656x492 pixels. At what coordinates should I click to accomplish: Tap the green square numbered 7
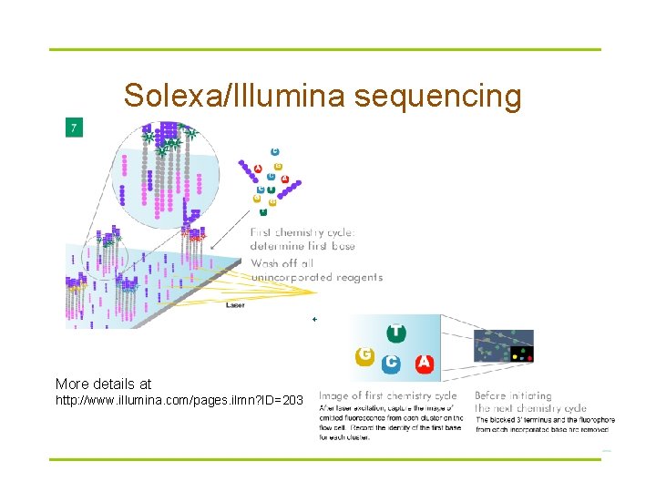[73, 128]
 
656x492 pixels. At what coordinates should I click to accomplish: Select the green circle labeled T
[396, 333]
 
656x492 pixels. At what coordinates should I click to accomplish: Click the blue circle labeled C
[392, 363]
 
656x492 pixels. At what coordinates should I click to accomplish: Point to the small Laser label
[235, 305]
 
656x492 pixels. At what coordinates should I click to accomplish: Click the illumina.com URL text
[179, 401]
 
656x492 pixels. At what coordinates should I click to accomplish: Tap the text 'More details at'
[103, 384]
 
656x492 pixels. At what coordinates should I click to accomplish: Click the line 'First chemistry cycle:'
[302, 232]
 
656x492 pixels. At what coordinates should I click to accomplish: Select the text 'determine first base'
[302, 246]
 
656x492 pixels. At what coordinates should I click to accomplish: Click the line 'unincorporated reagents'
[316, 277]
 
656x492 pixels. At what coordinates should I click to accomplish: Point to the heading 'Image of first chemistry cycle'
[387, 395]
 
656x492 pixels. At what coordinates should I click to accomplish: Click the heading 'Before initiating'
[513, 395]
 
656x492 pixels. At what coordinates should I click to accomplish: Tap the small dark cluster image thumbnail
[503, 346]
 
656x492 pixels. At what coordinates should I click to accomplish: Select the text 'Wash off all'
[283, 263]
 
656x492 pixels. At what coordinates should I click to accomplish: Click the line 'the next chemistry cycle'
[530, 407]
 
